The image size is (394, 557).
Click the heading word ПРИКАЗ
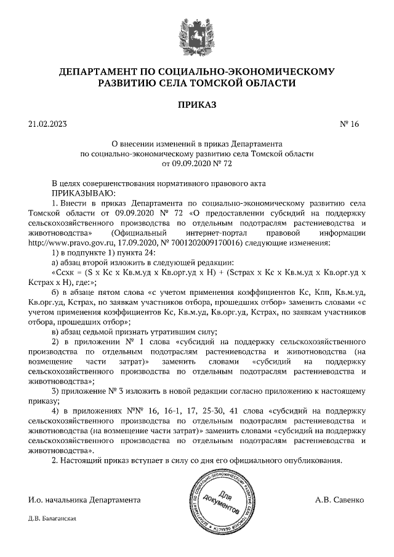tap(197, 105)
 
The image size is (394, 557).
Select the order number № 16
tap(349, 124)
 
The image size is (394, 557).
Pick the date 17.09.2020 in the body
tap(138, 242)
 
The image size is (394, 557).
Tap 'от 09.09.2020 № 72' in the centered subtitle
tap(197, 164)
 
